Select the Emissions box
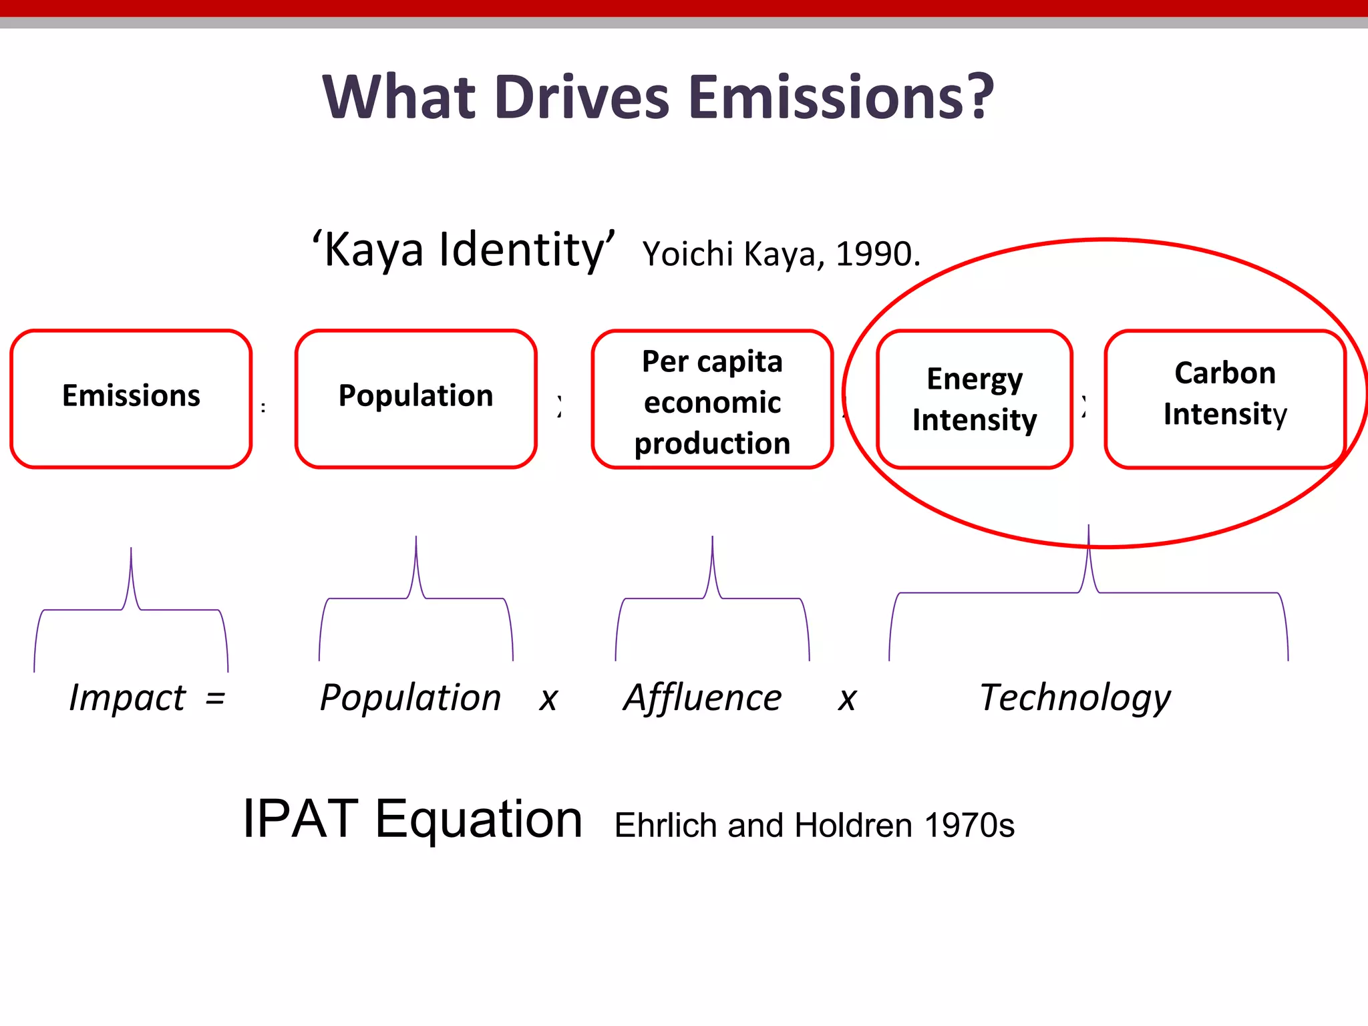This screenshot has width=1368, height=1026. [x=131, y=399]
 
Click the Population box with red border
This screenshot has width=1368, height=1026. [x=415, y=399]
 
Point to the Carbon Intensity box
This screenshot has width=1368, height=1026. [x=1224, y=399]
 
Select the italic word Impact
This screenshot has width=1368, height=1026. [x=128, y=698]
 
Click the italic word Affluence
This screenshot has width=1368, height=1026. [x=702, y=698]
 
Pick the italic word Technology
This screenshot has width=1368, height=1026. [x=1075, y=698]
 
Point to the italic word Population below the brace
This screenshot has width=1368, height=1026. [x=410, y=698]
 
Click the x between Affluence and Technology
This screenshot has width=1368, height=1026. [x=847, y=700]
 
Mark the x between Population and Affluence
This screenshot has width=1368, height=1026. [x=548, y=700]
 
